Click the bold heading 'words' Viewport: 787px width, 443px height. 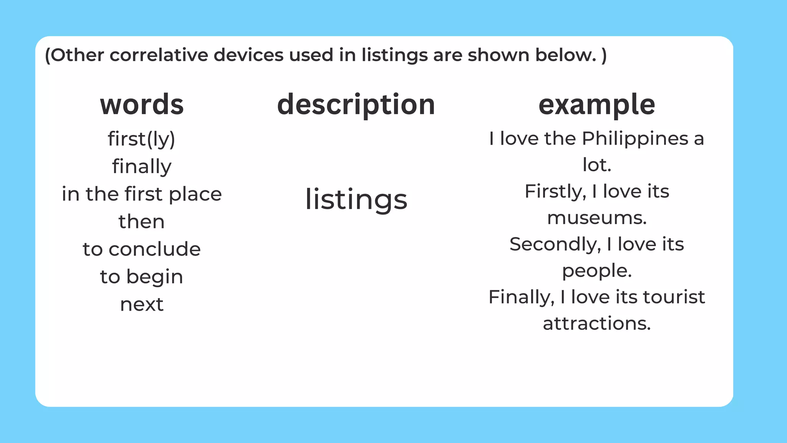click(x=142, y=105)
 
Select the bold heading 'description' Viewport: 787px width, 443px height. click(x=356, y=105)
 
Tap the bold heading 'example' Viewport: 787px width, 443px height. click(x=597, y=105)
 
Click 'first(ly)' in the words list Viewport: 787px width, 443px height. click(x=141, y=139)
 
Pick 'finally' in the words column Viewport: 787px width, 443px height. click(x=142, y=167)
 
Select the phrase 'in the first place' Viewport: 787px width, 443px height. click(x=142, y=194)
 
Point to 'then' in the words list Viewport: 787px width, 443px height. click(x=142, y=221)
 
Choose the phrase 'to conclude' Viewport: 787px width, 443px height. click(x=142, y=249)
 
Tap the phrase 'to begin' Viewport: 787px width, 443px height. click(x=142, y=277)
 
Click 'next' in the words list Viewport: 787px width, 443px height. click(x=142, y=305)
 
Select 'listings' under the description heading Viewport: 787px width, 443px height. click(x=356, y=200)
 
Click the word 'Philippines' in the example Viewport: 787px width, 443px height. click(x=635, y=138)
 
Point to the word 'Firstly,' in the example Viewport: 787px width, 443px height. click(x=555, y=192)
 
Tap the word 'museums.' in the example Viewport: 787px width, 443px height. click(x=597, y=218)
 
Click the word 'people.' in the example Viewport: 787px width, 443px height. click(x=597, y=271)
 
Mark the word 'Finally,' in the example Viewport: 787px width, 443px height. click(x=521, y=297)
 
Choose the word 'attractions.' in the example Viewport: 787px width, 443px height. click(x=597, y=323)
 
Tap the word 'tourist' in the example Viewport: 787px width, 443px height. click(x=674, y=297)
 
